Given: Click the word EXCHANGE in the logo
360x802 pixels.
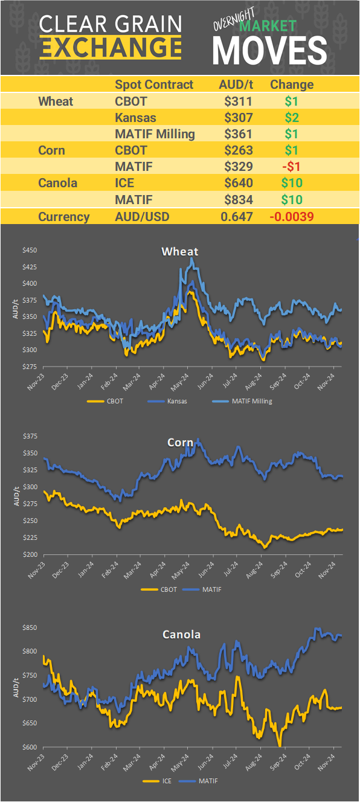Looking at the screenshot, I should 111,47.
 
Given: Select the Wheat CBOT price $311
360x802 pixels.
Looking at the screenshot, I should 237,101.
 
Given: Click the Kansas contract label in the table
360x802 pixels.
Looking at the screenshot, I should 135,117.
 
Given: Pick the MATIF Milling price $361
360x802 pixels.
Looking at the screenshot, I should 237,133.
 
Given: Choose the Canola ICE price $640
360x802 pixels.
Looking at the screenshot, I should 237,182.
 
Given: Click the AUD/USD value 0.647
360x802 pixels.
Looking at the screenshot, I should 236,217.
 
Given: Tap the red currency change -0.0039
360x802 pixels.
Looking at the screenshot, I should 291,217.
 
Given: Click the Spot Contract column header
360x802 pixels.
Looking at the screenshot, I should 154,85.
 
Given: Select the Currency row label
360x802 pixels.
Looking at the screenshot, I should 64,217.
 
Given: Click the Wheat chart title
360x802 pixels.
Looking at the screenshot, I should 179,251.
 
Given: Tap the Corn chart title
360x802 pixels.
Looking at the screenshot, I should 180,443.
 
